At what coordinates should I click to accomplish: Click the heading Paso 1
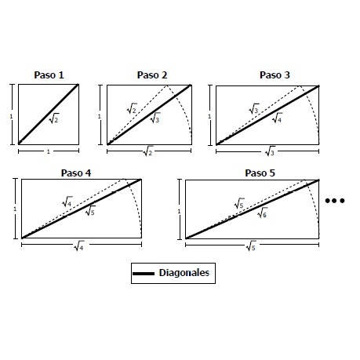pyautogui.click(x=49, y=75)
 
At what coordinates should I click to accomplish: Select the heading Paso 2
pyautogui.click(x=152, y=75)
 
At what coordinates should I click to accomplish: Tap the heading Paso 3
pyautogui.click(x=275, y=75)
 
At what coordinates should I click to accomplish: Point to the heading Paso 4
pyautogui.click(x=76, y=173)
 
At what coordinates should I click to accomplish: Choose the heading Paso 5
pyautogui.click(x=260, y=173)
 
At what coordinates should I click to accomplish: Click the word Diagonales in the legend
pyautogui.click(x=184, y=273)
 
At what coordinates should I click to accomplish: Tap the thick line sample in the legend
pyautogui.click(x=144, y=274)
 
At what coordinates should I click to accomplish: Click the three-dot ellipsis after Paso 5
pyautogui.click(x=335, y=201)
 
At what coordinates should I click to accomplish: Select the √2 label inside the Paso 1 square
pyautogui.click(x=54, y=118)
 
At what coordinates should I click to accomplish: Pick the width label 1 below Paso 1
pyautogui.click(x=49, y=151)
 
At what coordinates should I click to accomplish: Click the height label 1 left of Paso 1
pyautogui.click(x=11, y=116)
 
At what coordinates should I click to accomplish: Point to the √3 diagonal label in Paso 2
pyautogui.click(x=155, y=118)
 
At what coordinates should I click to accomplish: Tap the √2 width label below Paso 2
pyautogui.click(x=148, y=151)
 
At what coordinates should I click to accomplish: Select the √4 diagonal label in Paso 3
pyautogui.click(x=277, y=118)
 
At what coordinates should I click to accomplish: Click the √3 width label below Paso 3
pyautogui.click(x=270, y=151)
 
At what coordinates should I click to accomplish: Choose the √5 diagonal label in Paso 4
pyautogui.click(x=90, y=211)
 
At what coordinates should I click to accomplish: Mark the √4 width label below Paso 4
pyautogui.click(x=79, y=246)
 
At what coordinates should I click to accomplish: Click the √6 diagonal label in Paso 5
pyautogui.click(x=262, y=213)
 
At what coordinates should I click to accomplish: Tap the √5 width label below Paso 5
pyautogui.click(x=251, y=246)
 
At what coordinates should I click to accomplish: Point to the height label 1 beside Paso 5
pyautogui.click(x=179, y=211)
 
